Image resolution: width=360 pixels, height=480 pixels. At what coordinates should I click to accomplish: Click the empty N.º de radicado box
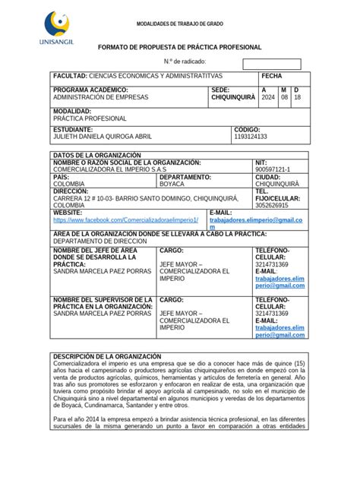[271, 64]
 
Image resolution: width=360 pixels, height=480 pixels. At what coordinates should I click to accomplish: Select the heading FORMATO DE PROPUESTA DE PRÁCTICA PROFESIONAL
[180, 47]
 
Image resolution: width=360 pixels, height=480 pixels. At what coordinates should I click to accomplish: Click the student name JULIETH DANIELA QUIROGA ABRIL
[103, 137]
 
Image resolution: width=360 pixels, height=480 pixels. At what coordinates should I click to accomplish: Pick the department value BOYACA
[172, 184]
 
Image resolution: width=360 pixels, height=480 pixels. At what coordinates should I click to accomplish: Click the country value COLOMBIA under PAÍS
[69, 184]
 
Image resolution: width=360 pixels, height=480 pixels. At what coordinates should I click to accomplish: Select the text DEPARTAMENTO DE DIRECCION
[99, 240]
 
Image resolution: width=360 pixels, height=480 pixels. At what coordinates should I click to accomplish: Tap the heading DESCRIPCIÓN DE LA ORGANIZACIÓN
[106, 356]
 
